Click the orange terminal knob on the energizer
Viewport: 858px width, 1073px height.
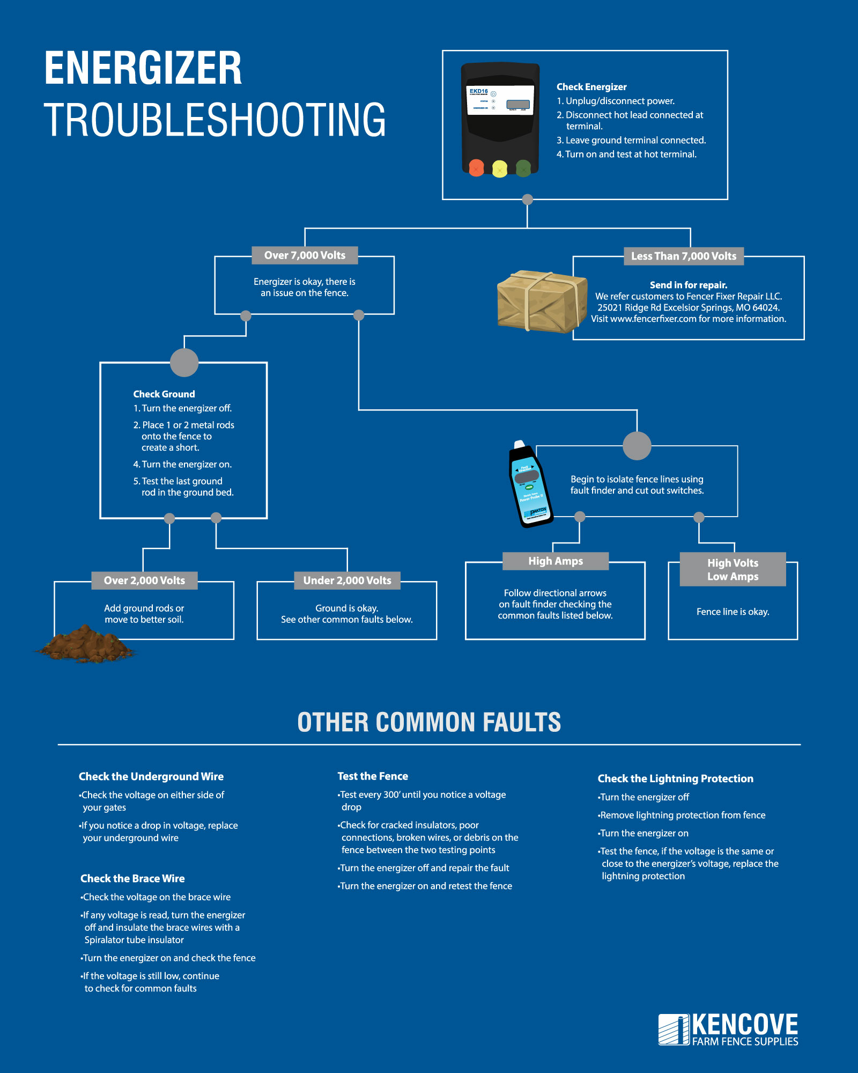click(x=476, y=168)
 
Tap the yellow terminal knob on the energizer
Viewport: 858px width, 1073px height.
click(x=500, y=168)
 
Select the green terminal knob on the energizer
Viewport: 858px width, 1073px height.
click(x=523, y=168)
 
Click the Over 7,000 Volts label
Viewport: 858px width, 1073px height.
click(x=305, y=255)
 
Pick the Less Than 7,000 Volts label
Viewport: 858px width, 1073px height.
click(x=684, y=256)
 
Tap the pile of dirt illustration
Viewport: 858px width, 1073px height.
click(x=86, y=644)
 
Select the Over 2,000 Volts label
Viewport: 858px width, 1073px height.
click(x=144, y=580)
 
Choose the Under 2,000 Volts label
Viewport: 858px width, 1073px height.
click(x=347, y=580)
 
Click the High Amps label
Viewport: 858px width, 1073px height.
click(x=556, y=561)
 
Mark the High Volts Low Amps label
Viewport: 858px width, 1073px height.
click(x=733, y=569)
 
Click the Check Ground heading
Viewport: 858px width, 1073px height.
click(x=164, y=394)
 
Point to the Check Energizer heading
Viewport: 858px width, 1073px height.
click(x=591, y=87)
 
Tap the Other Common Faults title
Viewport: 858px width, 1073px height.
click(x=429, y=722)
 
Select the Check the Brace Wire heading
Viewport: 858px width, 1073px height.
click(x=132, y=878)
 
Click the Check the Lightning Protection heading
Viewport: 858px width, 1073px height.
click(x=675, y=778)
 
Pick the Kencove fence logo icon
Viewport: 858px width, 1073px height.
click(x=674, y=1030)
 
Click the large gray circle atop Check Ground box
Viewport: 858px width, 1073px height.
click(x=184, y=363)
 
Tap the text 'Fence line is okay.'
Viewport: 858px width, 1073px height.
click(x=733, y=612)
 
